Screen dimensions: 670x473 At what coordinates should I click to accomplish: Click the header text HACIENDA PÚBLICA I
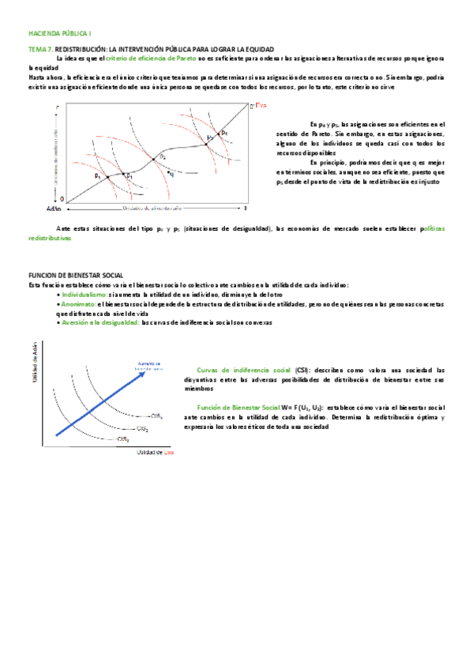(x=59, y=34)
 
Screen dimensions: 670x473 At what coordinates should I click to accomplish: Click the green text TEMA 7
(x=40, y=49)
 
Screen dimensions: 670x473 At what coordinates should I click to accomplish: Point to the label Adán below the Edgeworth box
(x=54, y=209)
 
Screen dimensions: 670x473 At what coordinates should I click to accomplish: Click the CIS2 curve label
(x=141, y=429)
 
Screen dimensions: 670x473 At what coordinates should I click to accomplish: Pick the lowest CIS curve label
(x=122, y=439)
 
